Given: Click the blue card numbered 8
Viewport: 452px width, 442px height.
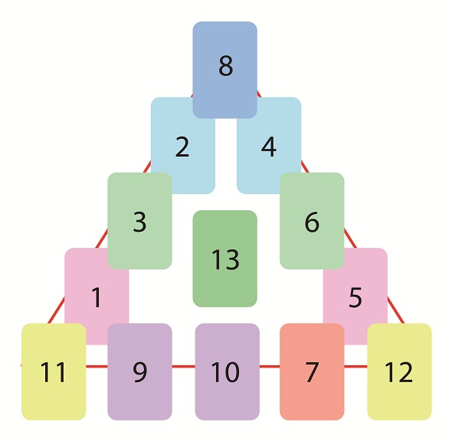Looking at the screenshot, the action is [x=224, y=70].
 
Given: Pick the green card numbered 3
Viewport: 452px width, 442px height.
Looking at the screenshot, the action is [x=139, y=221].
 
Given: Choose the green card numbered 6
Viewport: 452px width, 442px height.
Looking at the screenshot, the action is [x=312, y=221].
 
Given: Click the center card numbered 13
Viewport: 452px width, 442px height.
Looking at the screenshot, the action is [x=224, y=259].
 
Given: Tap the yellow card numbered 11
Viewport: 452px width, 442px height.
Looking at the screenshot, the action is [x=54, y=371].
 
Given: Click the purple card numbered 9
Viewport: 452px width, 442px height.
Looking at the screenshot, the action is [x=139, y=371].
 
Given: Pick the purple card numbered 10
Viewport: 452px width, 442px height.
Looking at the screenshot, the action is [x=228, y=371].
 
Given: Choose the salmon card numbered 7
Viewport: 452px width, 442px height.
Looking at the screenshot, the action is [x=312, y=371].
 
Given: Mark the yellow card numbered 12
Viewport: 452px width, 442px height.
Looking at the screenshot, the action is [x=400, y=371].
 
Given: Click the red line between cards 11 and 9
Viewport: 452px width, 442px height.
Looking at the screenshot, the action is [x=97, y=367].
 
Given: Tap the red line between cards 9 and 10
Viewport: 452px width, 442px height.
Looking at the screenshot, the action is [x=184, y=367].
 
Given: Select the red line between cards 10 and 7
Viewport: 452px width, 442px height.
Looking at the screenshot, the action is [x=270, y=367].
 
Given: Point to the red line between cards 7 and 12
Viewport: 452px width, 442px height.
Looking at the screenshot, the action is [x=355, y=367].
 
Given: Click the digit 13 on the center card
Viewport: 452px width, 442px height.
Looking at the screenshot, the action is [x=225, y=259].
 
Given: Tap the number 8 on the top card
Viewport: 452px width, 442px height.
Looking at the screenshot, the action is [x=225, y=66].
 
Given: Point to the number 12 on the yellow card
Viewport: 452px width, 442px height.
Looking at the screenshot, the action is [x=398, y=372].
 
